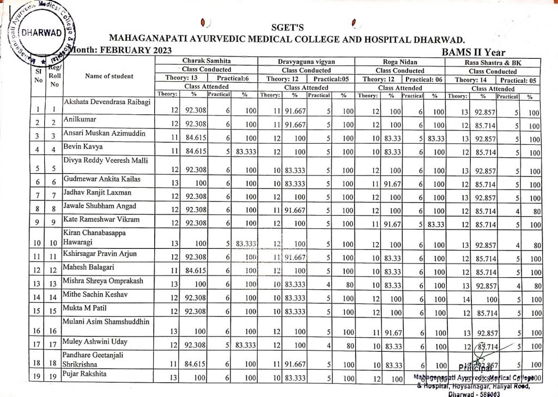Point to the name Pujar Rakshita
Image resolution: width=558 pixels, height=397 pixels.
[85, 374]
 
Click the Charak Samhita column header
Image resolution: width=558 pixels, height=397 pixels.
[207, 62]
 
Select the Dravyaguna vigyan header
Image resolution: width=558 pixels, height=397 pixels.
[306, 62]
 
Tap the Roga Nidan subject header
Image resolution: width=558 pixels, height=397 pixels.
[400, 62]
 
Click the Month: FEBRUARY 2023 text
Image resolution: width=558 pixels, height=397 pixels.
[120, 50]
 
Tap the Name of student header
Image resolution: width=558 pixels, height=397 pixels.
[109, 76]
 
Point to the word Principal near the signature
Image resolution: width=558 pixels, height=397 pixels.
[475, 367]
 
